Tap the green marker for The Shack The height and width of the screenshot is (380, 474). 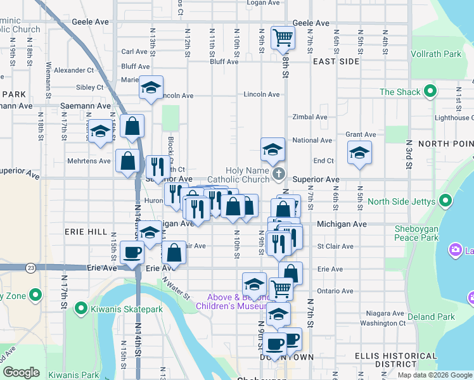430,92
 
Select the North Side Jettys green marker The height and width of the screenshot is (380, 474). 445,202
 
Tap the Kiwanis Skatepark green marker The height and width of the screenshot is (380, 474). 81,309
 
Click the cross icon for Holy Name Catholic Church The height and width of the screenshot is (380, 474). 278,174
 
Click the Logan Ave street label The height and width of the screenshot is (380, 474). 263,3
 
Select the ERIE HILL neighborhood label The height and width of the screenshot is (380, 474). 86,232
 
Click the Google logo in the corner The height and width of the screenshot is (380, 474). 21,372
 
